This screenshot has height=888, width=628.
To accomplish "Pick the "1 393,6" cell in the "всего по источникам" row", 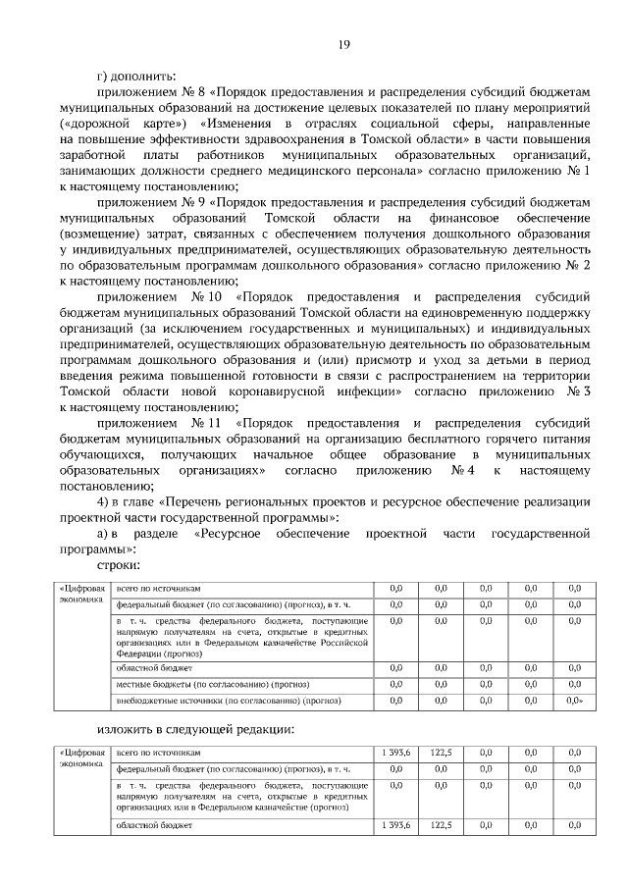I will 395,752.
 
